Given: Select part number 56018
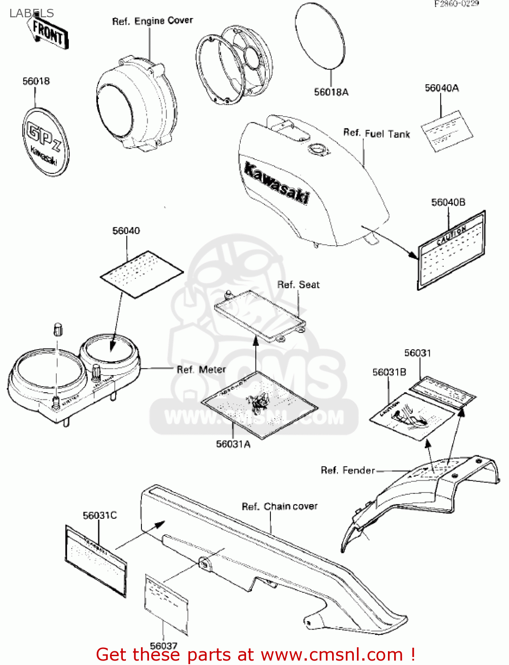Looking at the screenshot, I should pyautogui.click(x=36, y=81).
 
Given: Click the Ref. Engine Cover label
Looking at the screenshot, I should pyautogui.click(x=153, y=21).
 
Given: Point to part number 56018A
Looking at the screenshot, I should pyautogui.click(x=331, y=92).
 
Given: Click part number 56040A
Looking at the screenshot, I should pyautogui.click(x=442, y=88).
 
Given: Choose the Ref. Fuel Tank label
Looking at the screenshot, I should pyautogui.click(x=376, y=133).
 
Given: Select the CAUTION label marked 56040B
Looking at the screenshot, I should pyautogui.click(x=451, y=250).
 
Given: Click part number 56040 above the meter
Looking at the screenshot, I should pyautogui.click(x=126, y=231).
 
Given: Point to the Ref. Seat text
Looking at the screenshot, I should pyautogui.click(x=298, y=285).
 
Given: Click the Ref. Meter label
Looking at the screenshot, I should pyautogui.click(x=201, y=369).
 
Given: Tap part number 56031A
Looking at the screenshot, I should pyautogui.click(x=233, y=444).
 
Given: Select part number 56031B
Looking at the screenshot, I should pyautogui.click(x=389, y=372).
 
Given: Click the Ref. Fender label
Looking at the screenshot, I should pyautogui.click(x=348, y=470).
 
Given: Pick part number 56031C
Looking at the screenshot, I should pyautogui.click(x=100, y=515).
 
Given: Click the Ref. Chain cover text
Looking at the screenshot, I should pyautogui.click(x=279, y=506).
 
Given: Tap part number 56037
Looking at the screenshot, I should pyautogui.click(x=163, y=645).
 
